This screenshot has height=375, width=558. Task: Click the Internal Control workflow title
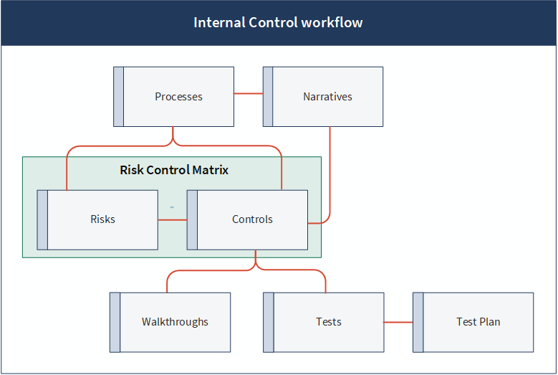[278, 22]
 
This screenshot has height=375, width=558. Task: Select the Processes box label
[178, 97]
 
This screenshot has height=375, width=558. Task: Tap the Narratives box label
[328, 97]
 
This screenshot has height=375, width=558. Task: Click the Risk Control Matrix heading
[174, 170]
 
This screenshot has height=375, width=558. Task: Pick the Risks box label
[103, 219]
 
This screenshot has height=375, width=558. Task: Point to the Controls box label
[252, 219]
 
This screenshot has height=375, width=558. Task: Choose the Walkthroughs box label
[175, 322]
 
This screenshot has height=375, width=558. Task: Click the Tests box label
[329, 322]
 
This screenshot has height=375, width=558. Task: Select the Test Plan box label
[478, 322]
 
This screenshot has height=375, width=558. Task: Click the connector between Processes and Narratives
[249, 94]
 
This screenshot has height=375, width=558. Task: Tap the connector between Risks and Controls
[173, 219]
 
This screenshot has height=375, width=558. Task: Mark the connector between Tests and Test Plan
[398, 322]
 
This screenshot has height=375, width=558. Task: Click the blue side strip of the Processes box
[118, 97]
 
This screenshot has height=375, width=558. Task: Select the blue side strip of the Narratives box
[268, 97]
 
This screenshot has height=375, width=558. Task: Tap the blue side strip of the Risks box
[42, 219]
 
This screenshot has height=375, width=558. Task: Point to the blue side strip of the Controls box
[192, 219]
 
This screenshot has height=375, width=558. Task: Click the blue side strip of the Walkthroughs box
[115, 322]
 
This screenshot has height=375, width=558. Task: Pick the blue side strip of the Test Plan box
[418, 322]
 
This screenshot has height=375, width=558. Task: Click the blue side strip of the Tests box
[269, 322]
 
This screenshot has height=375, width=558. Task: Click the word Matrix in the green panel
[211, 170]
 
